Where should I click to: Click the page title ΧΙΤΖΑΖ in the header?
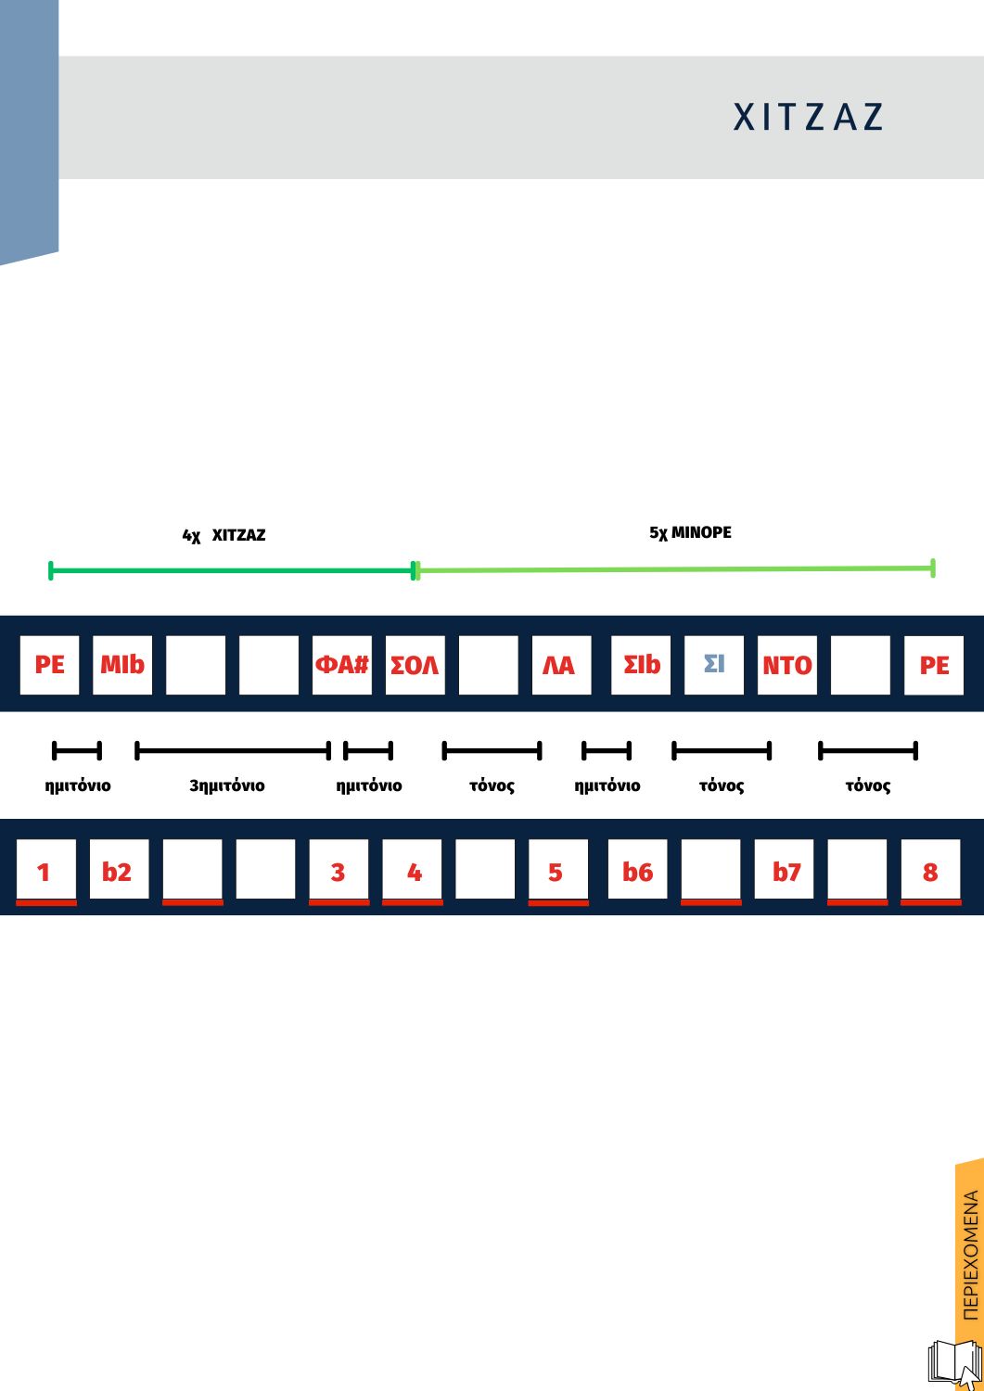point(808,117)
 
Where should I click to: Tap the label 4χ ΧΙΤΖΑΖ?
point(224,535)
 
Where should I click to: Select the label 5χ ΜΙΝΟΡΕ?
point(690,532)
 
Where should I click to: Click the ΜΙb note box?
point(122,665)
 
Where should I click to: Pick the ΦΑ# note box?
point(341,665)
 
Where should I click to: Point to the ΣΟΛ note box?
point(415,665)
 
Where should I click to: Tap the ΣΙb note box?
point(641,665)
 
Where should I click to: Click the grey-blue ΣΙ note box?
point(713,665)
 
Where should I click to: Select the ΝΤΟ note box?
point(786,665)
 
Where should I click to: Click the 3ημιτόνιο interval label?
point(226,785)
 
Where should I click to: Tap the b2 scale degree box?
point(118,870)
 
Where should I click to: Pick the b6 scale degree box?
point(637,870)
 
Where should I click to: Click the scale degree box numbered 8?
point(930,872)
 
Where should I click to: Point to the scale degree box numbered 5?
point(556,872)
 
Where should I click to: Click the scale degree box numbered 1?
point(45,872)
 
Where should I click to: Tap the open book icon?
point(954,1363)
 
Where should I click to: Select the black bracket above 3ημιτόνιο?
point(232,749)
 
